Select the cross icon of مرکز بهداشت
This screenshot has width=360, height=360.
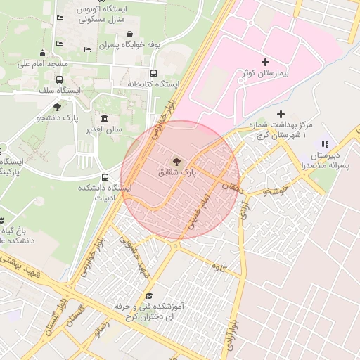pyautogui.click(x=281, y=114)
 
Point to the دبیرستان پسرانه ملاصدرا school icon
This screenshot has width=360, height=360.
pyautogui.click(x=325, y=143)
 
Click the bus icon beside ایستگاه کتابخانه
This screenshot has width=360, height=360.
pyautogui.click(x=154, y=72)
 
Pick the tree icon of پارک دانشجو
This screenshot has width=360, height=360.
pyautogui.click(x=57, y=106)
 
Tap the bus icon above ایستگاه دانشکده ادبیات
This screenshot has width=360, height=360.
pyautogui.click(x=105, y=177)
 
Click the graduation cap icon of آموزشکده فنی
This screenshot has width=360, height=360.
pyautogui.click(x=148, y=295)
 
